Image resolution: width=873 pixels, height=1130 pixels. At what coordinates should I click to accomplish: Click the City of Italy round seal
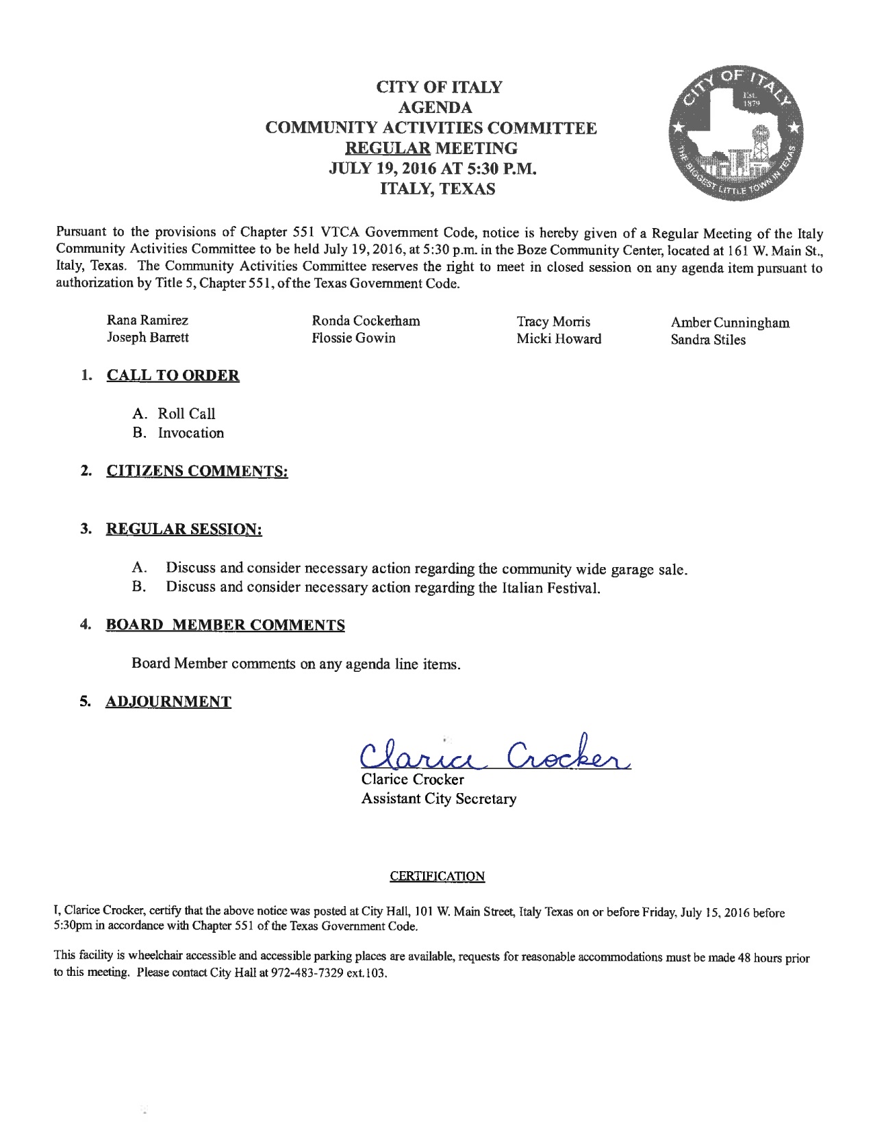(x=731, y=135)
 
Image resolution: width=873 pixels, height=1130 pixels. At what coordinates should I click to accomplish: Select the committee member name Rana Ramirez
(x=147, y=320)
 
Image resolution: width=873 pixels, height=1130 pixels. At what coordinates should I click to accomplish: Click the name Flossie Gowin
(x=353, y=338)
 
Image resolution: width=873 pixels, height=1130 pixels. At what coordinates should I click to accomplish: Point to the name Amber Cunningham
(x=730, y=323)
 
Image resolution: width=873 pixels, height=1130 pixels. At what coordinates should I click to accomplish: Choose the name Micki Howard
(x=559, y=339)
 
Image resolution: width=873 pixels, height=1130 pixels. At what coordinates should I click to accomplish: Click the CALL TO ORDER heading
(x=173, y=376)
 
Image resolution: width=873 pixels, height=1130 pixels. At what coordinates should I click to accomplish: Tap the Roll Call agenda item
(x=186, y=414)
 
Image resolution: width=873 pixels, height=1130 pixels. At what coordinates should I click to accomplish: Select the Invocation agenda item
(x=190, y=433)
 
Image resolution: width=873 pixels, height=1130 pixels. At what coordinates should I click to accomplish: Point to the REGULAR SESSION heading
(x=184, y=529)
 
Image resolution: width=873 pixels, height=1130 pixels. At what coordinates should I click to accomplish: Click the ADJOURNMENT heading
(x=168, y=702)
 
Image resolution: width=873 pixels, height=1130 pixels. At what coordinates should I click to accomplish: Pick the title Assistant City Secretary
(x=438, y=799)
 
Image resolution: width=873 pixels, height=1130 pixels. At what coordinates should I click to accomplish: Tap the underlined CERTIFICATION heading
(x=437, y=876)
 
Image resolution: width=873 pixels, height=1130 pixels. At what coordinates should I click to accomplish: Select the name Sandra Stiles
(x=708, y=340)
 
